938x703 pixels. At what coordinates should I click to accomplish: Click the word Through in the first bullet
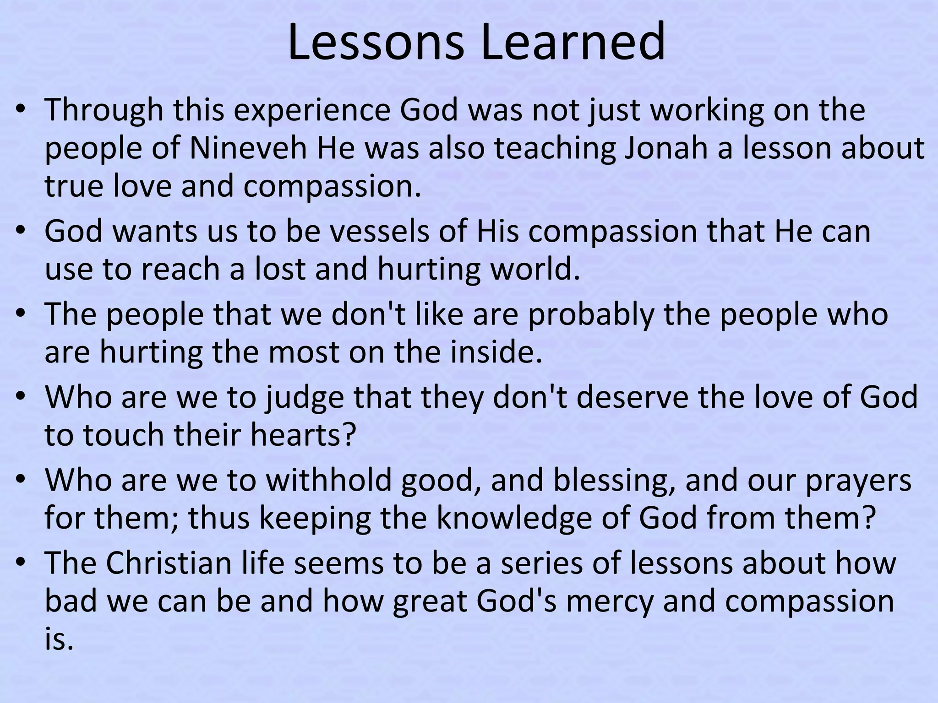[x=104, y=111]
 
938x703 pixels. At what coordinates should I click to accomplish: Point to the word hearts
[x=303, y=435]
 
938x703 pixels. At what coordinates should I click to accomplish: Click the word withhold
[x=328, y=480]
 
